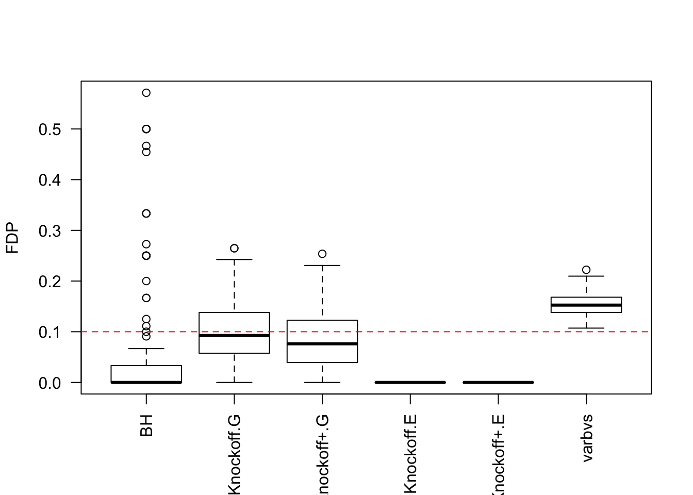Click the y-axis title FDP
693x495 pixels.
(x=12, y=238)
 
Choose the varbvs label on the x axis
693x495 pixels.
(x=587, y=438)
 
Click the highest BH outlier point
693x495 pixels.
(x=146, y=93)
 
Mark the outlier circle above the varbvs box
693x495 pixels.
(x=586, y=270)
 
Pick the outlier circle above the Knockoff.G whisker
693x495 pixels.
(x=234, y=248)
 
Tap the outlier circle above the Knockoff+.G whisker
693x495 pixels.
(x=322, y=254)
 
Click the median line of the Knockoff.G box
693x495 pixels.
(x=234, y=336)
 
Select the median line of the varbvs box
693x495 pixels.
(x=586, y=305)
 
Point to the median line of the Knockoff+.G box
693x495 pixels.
(x=322, y=343)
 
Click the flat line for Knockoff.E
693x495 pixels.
(x=410, y=383)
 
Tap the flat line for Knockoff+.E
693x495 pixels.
(x=498, y=383)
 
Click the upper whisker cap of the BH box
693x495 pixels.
(x=146, y=349)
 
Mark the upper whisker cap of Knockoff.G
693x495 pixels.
(x=234, y=259)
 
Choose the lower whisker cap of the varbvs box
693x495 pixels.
(x=586, y=328)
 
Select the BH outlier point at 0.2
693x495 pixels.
(x=146, y=281)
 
